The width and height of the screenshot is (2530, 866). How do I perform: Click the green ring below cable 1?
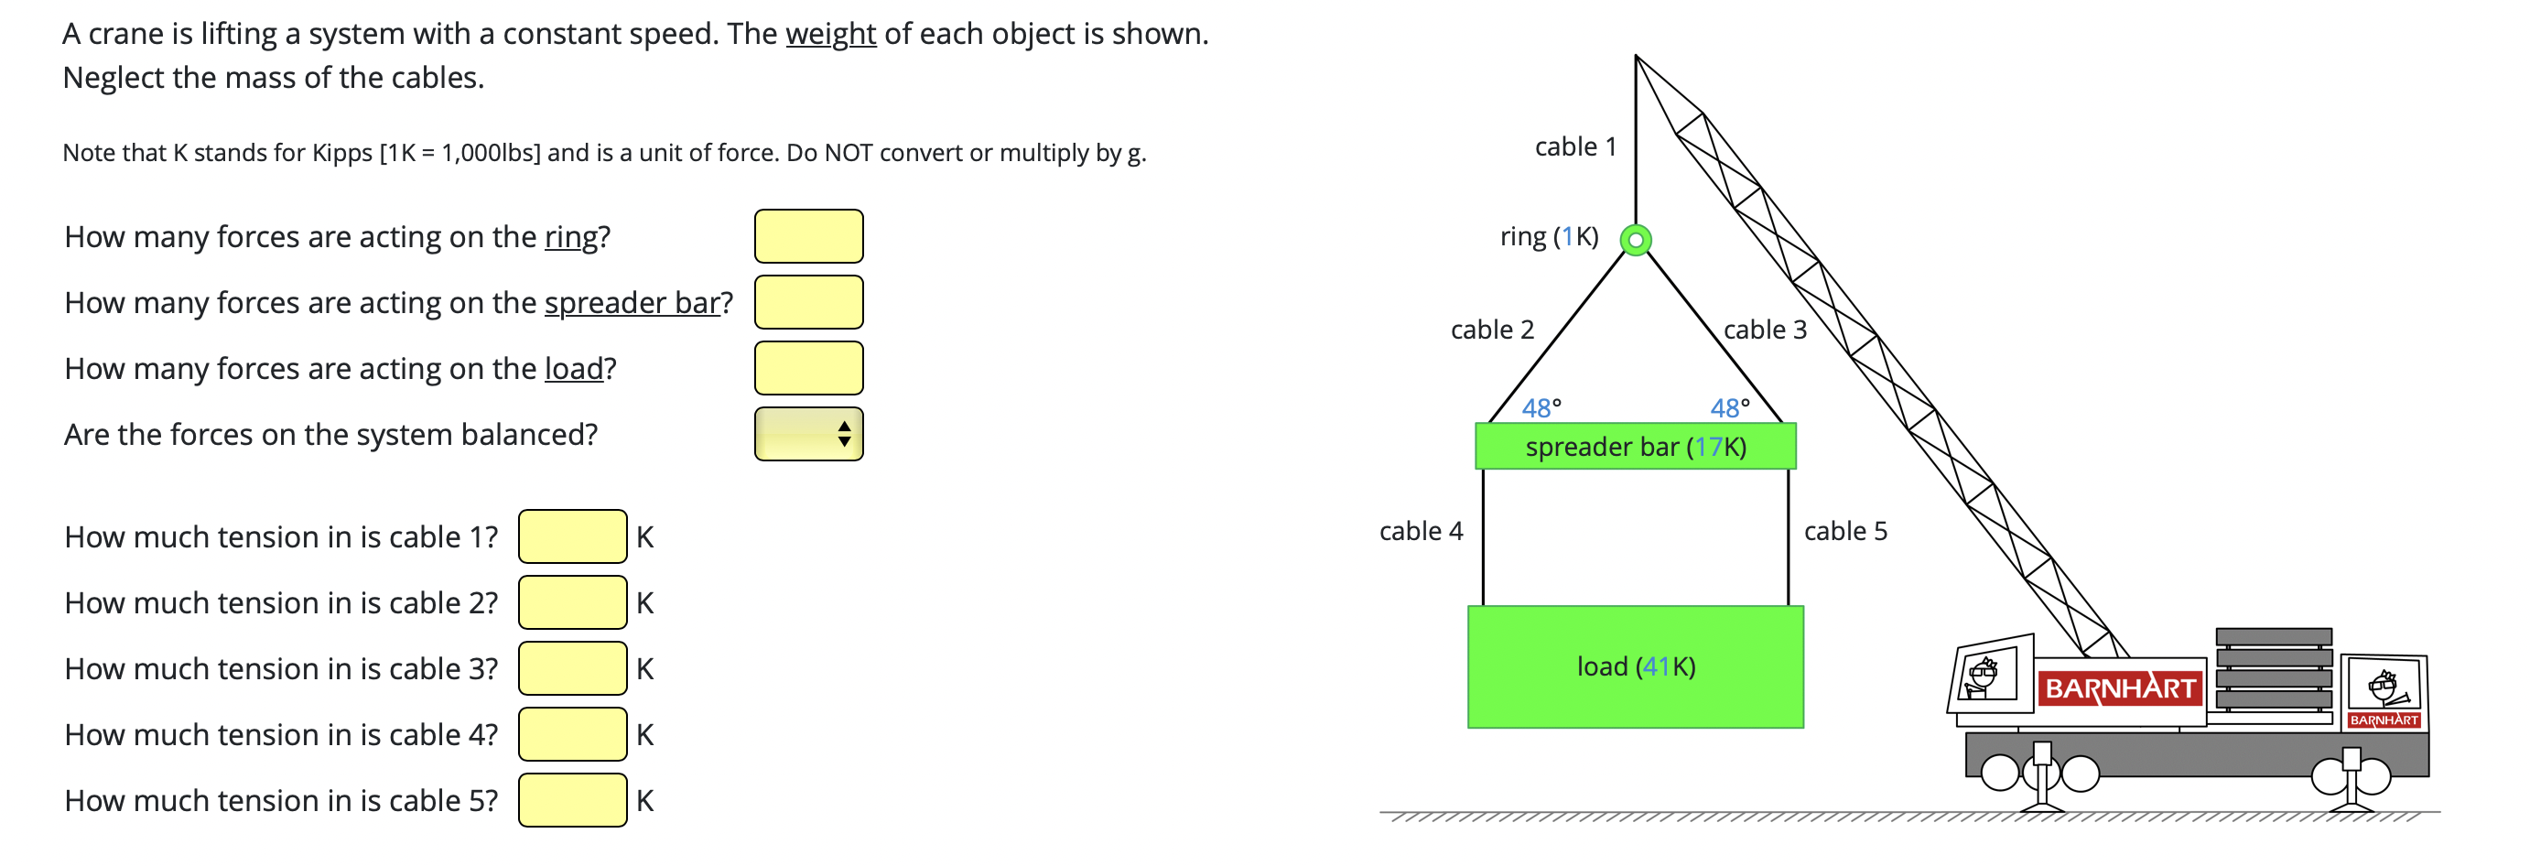tap(1636, 240)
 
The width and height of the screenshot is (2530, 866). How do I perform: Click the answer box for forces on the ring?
tap(808, 236)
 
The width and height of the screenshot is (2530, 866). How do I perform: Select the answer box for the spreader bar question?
tap(808, 302)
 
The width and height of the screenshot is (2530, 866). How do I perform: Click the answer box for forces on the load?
tap(808, 368)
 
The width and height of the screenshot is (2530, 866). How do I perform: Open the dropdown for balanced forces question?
tap(808, 434)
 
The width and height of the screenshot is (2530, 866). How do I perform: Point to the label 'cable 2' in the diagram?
tap(1492, 330)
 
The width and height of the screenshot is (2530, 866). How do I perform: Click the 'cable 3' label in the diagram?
tap(1765, 330)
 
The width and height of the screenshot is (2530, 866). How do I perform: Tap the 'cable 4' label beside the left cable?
tap(1421, 531)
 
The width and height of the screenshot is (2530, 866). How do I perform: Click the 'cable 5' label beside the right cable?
tap(1845, 531)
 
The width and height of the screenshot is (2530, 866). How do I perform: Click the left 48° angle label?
tap(1541, 407)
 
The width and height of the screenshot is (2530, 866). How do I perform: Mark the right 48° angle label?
tap(1730, 407)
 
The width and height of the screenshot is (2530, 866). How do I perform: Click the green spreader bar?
tap(1636, 447)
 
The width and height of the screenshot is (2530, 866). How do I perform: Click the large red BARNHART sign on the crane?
tap(2119, 688)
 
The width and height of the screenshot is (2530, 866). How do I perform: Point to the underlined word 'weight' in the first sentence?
tap(830, 35)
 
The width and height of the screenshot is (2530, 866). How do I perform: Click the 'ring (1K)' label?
tap(1549, 236)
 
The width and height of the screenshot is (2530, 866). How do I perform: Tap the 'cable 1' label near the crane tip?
tap(1575, 147)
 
